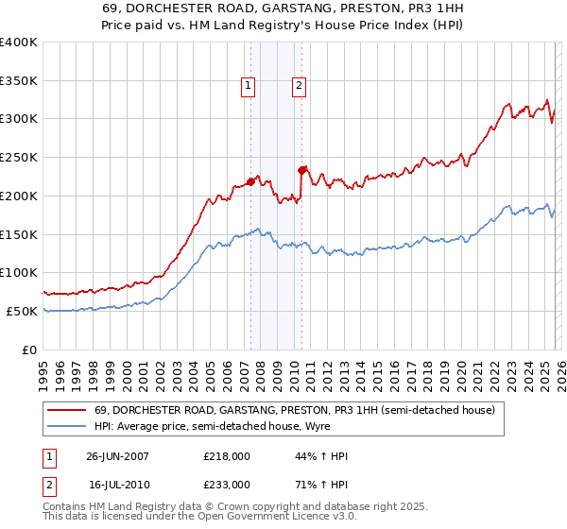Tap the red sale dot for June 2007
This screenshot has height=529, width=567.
[x=251, y=180]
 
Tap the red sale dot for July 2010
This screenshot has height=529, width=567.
[x=302, y=170]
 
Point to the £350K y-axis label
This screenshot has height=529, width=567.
[x=19, y=81]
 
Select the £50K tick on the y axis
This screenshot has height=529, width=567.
[x=23, y=311]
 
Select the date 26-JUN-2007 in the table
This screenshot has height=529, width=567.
[x=117, y=456]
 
